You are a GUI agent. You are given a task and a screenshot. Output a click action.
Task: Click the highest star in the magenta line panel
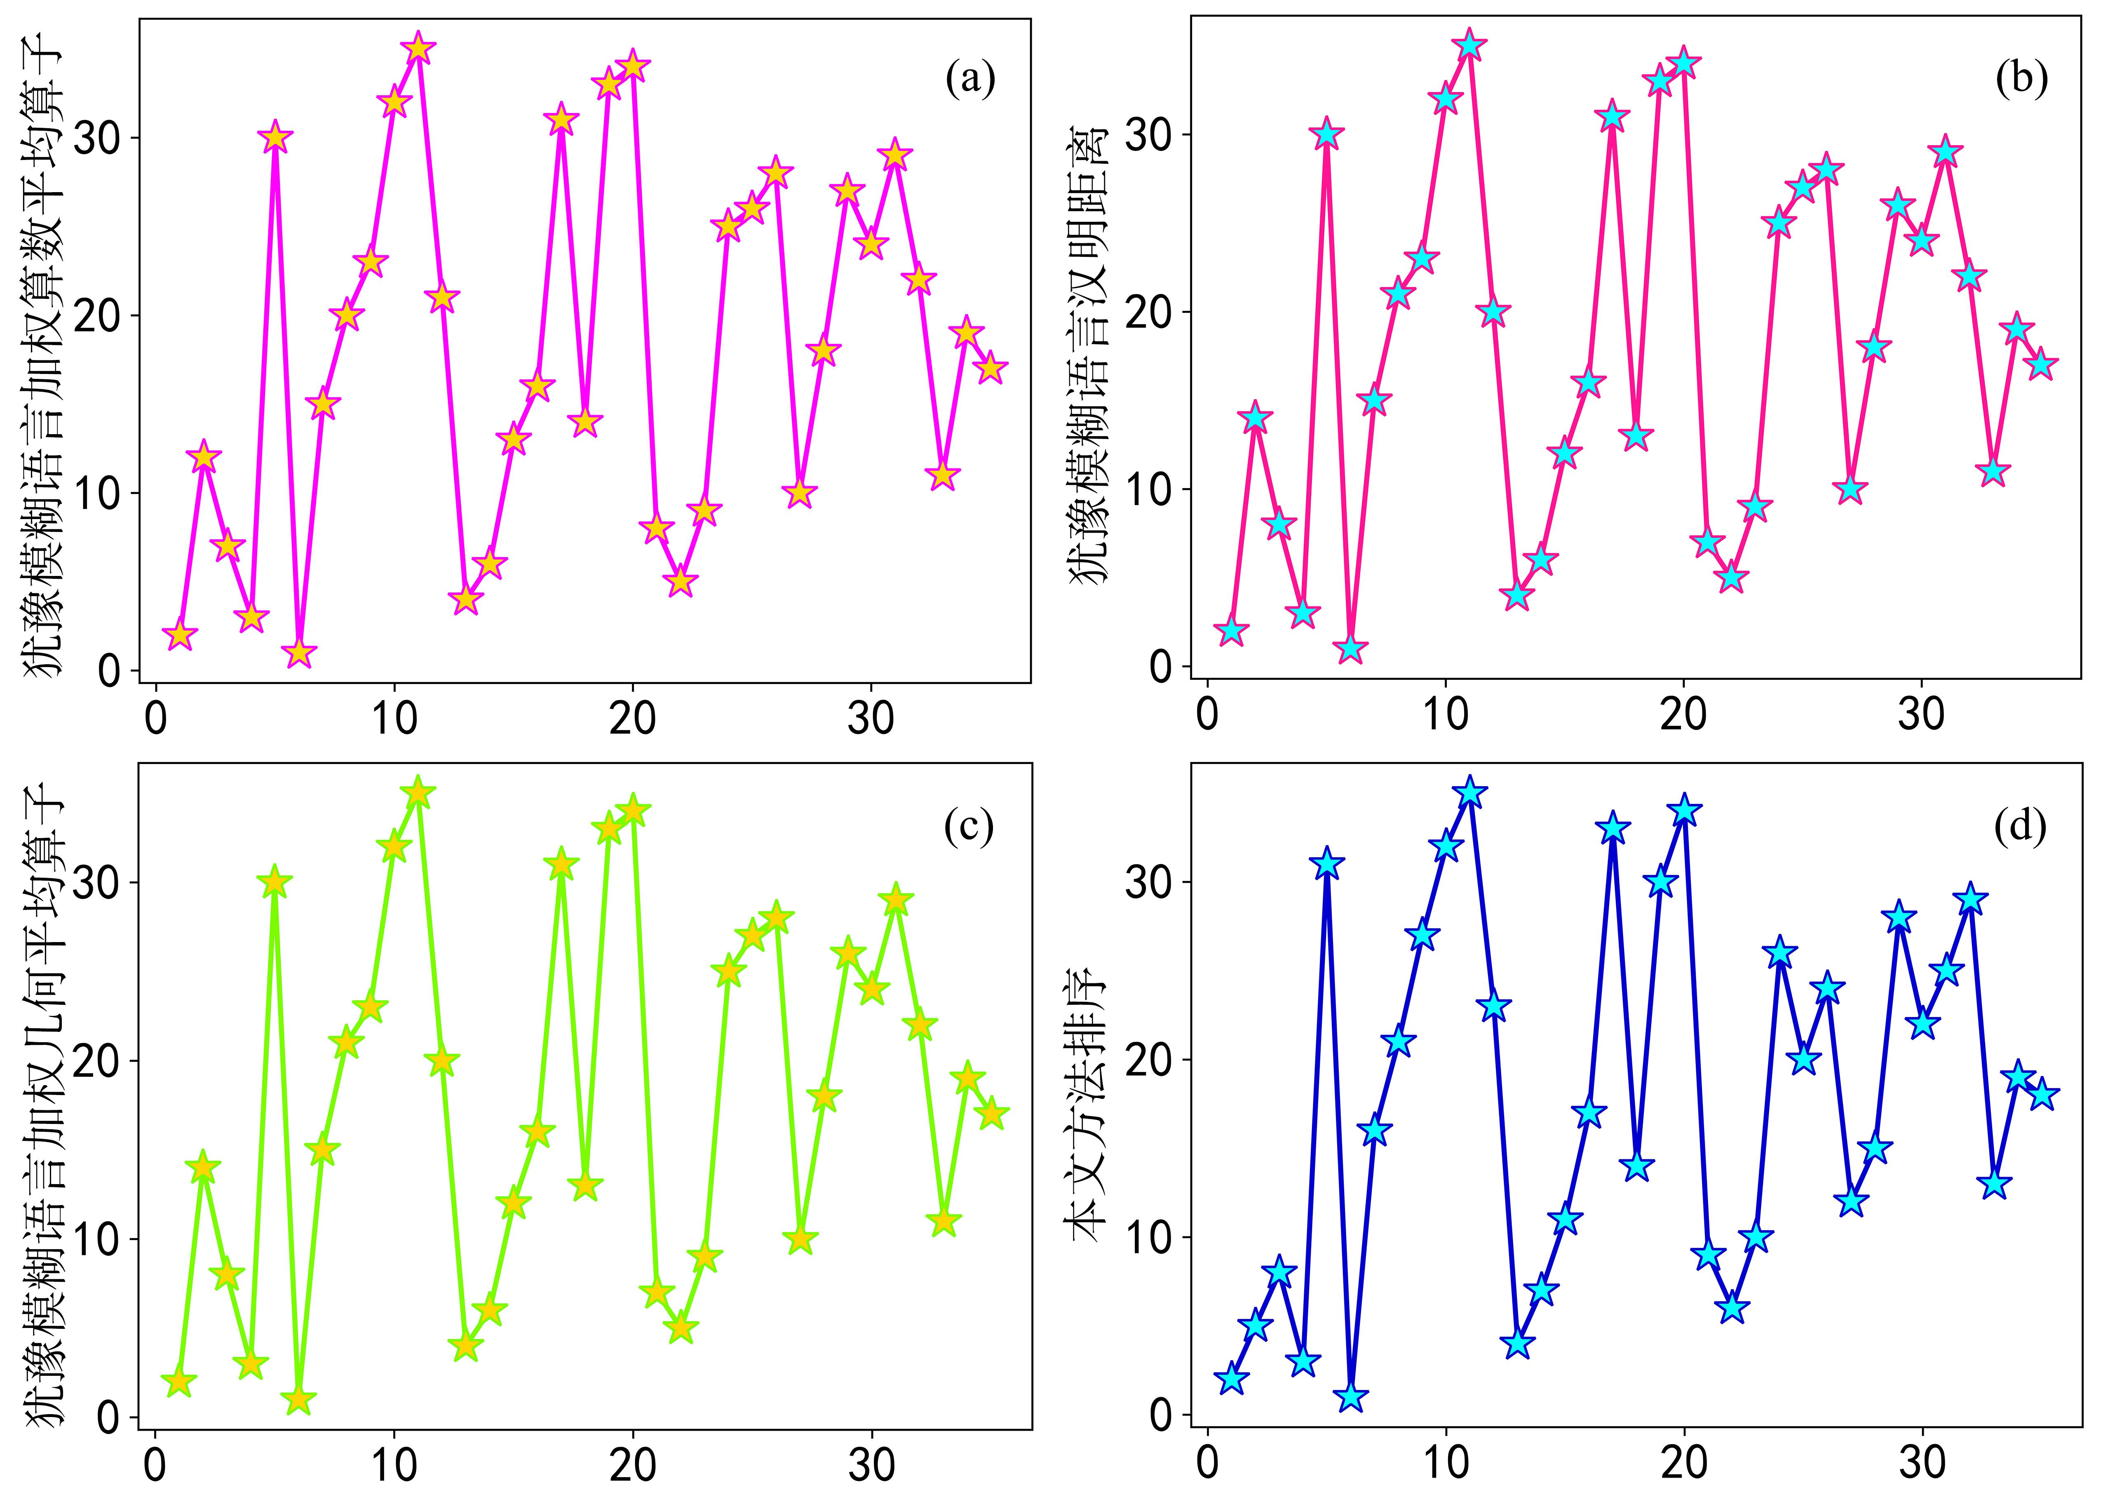click(418, 49)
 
